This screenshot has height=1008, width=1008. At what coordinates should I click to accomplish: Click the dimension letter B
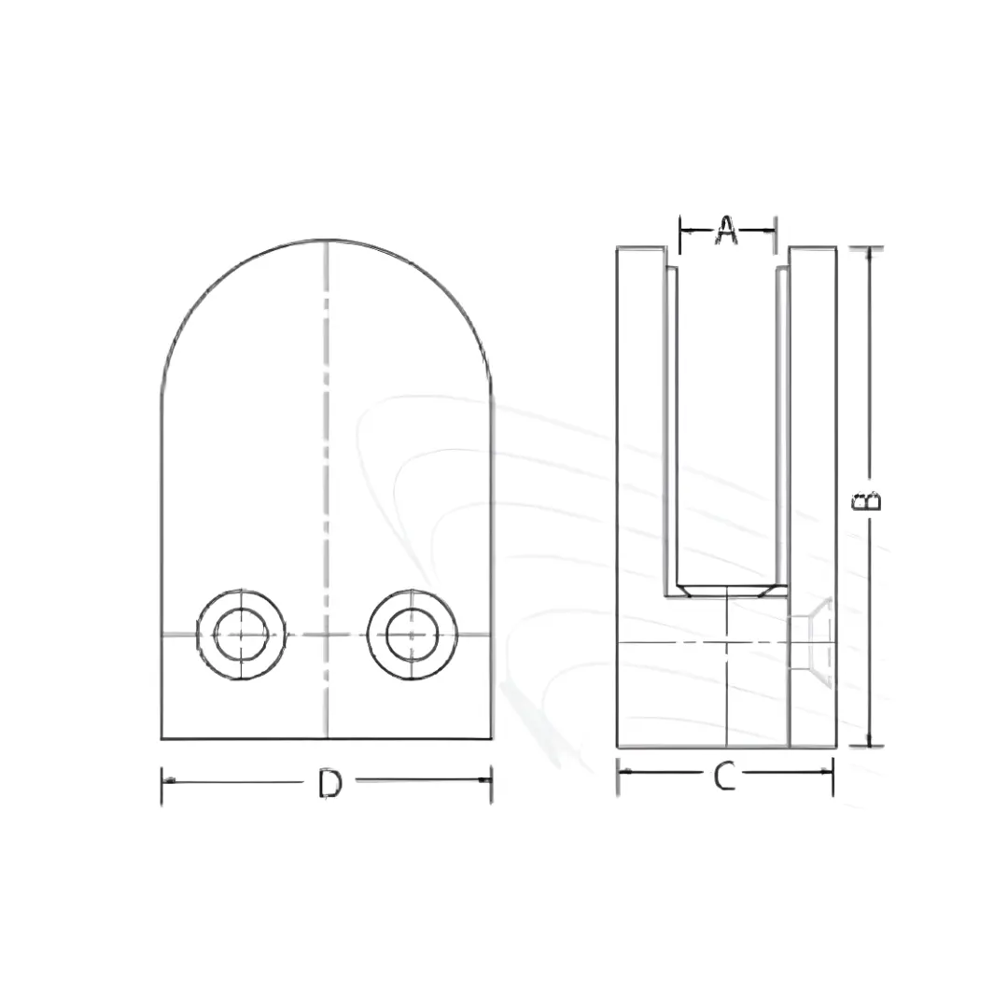click(868, 500)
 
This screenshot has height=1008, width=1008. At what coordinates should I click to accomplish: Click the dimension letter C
click(724, 776)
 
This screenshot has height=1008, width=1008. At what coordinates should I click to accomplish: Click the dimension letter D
click(329, 784)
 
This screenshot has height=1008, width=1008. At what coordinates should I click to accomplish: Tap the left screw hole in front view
click(242, 635)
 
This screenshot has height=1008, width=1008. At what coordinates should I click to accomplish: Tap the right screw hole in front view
click(413, 635)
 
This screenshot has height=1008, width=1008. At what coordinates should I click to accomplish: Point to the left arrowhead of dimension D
click(167, 780)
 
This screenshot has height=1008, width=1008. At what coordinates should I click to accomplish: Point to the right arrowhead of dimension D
click(486, 780)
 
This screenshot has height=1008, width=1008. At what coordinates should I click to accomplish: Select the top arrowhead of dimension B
click(869, 253)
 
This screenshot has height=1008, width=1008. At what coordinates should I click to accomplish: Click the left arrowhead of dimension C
click(623, 771)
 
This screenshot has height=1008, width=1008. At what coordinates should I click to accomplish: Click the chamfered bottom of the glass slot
click(726, 591)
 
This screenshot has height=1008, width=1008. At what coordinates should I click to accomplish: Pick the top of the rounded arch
click(327, 240)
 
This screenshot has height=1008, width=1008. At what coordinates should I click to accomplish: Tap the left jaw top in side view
click(641, 248)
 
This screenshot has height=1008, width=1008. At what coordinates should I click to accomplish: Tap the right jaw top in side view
click(811, 248)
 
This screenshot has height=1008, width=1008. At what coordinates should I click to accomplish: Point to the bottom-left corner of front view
click(162, 738)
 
